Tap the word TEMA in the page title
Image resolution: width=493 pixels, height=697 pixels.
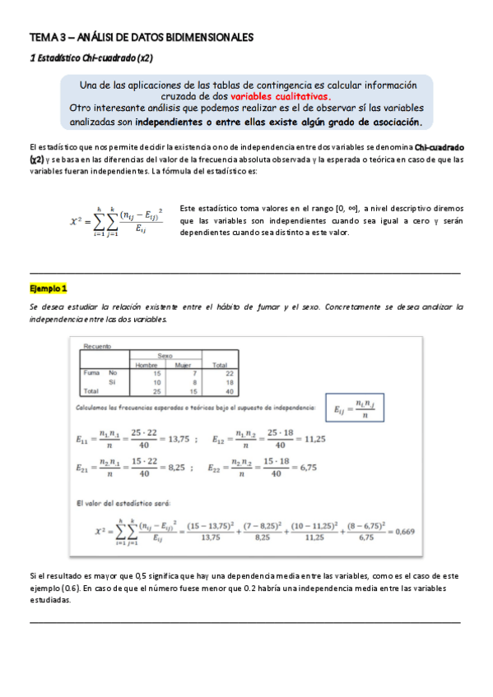41,38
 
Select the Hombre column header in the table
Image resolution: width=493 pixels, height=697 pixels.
146,363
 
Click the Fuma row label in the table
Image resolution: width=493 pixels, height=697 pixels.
91,372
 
